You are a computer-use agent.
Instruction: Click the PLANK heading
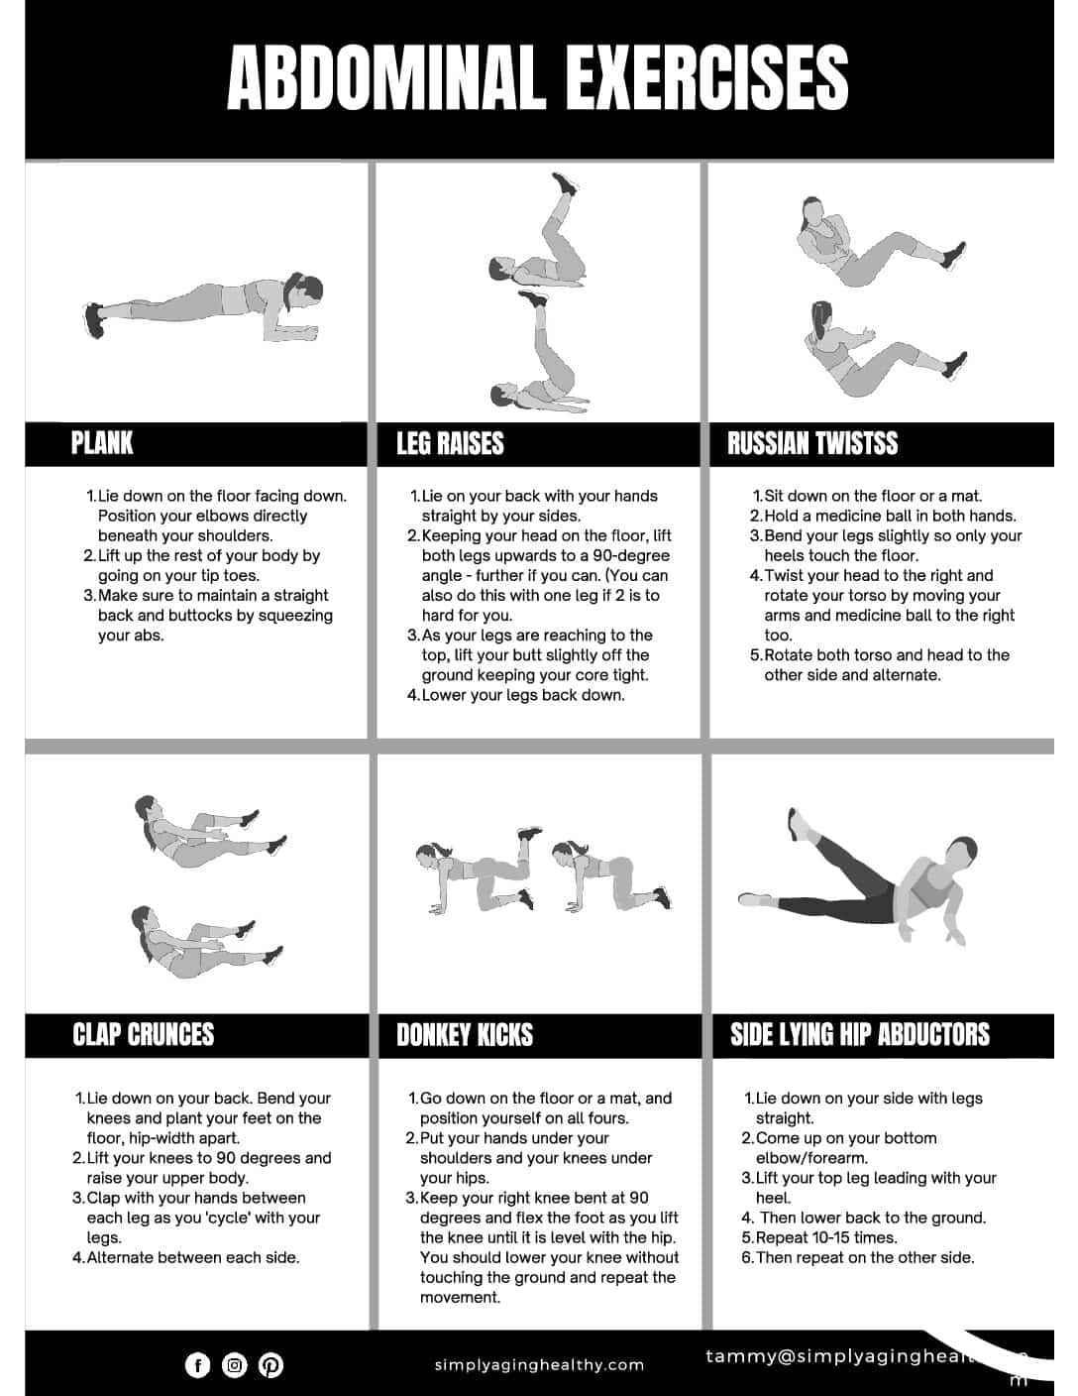[x=101, y=443]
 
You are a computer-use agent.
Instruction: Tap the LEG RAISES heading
[x=450, y=443]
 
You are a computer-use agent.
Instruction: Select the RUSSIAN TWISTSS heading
[x=812, y=443]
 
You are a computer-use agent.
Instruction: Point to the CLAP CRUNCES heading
[x=143, y=1034]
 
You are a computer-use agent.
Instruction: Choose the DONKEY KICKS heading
[x=465, y=1035]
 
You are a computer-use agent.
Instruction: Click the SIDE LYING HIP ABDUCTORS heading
[x=859, y=1034]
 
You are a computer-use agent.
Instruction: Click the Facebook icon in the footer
[x=198, y=1365]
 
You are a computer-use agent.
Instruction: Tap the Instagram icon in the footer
[x=235, y=1365]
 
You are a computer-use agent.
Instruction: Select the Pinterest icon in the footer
[x=270, y=1365]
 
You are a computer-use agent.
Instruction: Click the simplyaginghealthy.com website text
[x=539, y=1365]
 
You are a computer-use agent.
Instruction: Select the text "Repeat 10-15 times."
[x=826, y=1237]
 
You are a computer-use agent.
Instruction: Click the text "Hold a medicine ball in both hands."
[x=890, y=516]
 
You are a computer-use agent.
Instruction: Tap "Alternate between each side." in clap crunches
[x=192, y=1257]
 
